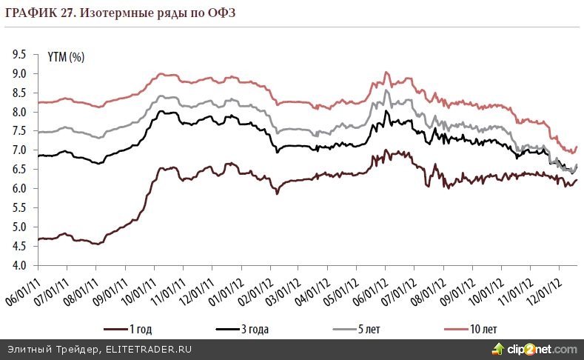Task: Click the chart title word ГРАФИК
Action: click(x=29, y=12)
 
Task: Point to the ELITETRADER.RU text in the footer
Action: click(x=148, y=349)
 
